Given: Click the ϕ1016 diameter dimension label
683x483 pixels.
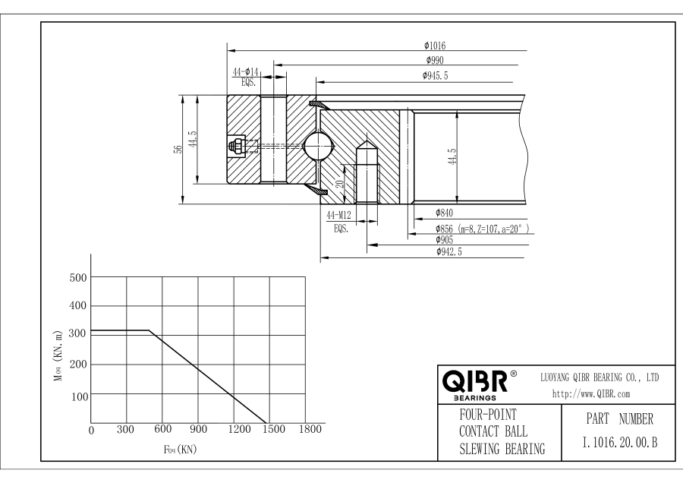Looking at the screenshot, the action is coord(435,46).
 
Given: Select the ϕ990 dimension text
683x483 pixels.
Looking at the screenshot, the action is coord(435,60).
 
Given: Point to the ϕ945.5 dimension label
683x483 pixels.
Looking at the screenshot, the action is coord(435,75).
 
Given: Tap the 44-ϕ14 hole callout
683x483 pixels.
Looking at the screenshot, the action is coord(245,71).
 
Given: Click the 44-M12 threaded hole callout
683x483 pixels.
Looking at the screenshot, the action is coord(338,215).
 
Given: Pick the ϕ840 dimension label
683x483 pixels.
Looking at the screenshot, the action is coord(444,213).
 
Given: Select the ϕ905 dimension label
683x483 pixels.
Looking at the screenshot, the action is coord(444,240).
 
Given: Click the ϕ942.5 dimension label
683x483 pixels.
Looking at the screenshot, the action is coord(449,251).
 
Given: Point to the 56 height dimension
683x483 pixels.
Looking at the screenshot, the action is coord(178,149).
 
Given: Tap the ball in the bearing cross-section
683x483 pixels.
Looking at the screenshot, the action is coord(319,146).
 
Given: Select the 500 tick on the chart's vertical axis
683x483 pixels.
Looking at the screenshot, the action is coord(78,278).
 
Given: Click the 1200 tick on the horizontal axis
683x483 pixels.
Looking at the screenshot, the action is coord(240,429).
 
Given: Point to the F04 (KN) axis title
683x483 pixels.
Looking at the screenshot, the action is coord(181,449).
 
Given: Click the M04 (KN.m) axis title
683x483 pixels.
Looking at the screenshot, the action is coord(58,356).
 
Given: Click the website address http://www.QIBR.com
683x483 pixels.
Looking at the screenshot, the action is coord(591,394).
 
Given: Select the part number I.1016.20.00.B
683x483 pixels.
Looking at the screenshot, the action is coord(619,443).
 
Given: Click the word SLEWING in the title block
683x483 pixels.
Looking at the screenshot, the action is coord(480,449).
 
